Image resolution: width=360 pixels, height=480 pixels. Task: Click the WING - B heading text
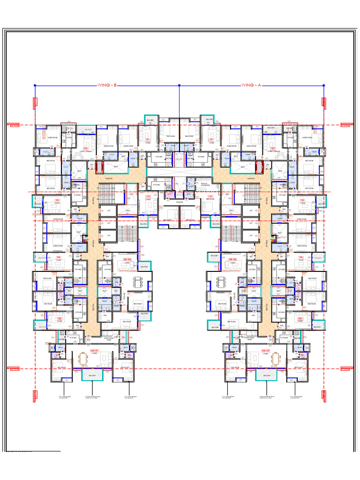pos(107,85)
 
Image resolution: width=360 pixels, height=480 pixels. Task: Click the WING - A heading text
pos(251,85)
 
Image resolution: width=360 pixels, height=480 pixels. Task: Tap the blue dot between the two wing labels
pos(179,85)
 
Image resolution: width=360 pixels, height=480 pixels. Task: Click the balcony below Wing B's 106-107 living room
pos(92,375)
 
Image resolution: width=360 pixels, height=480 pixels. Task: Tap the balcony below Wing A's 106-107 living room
pos(265,375)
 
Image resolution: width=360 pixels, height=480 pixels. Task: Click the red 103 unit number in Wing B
pos(58,201)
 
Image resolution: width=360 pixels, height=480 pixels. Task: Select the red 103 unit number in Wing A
pos(302,201)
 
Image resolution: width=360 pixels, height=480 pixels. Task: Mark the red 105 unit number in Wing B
pos(59,319)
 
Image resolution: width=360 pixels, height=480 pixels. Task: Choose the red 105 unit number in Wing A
pos(301,319)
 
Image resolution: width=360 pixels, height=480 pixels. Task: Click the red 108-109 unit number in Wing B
pos(126,259)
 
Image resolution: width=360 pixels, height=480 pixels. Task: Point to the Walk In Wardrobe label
pos(205,184)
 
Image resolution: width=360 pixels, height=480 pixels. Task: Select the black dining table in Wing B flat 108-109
pos(137,282)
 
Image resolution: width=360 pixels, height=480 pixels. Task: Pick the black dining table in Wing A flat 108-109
pos(221,282)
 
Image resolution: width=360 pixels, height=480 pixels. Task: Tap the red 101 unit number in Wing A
pos(211,140)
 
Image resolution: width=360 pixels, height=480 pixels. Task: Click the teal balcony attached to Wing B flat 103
pos(37,202)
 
